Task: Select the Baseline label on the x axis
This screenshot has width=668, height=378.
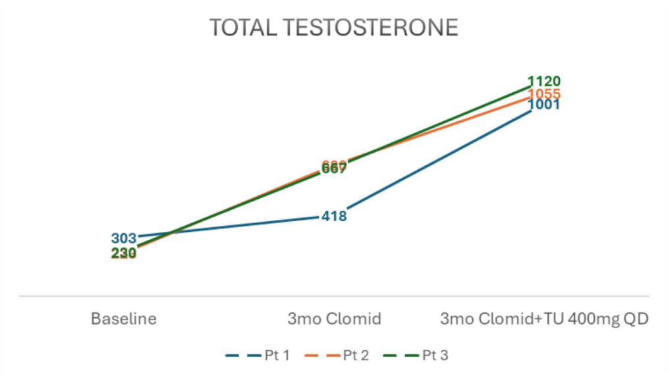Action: point(124,319)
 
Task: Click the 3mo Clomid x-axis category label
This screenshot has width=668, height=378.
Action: point(334,319)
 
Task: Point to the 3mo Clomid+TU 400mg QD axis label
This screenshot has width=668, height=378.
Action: point(544,319)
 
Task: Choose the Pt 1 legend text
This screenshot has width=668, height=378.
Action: point(277,356)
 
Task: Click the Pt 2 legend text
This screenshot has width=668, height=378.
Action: point(356,356)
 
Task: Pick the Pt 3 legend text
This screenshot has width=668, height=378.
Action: point(435,356)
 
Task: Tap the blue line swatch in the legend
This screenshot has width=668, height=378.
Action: point(242,356)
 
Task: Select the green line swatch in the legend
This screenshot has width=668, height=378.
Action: point(400,356)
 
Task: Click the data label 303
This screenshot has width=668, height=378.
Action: point(123,238)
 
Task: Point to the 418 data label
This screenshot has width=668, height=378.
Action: point(334,216)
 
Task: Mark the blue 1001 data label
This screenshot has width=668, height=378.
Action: point(544,105)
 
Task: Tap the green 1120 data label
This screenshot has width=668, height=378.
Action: point(544,82)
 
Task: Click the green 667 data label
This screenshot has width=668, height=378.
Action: point(334,170)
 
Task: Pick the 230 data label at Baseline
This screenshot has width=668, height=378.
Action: point(123,254)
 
